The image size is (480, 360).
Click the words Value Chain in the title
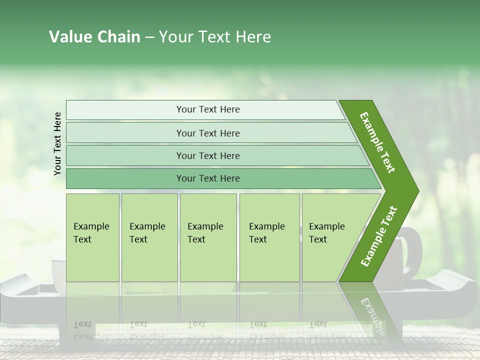[94, 37]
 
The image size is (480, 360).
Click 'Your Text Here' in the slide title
[215, 37]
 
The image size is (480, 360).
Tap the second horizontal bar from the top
[207, 133]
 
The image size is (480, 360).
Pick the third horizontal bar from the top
[207, 156]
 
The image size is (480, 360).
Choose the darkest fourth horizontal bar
[207, 178]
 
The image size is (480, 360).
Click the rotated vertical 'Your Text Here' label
[57, 143]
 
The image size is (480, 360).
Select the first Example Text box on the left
[92, 237]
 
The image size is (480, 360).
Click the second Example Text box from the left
[149, 237]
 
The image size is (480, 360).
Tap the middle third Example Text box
[207, 237]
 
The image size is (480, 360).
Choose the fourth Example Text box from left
[269, 237]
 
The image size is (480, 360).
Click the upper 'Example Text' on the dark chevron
[377, 143]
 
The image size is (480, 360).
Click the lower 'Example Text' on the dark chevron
[378, 236]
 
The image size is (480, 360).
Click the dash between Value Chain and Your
[149, 38]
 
